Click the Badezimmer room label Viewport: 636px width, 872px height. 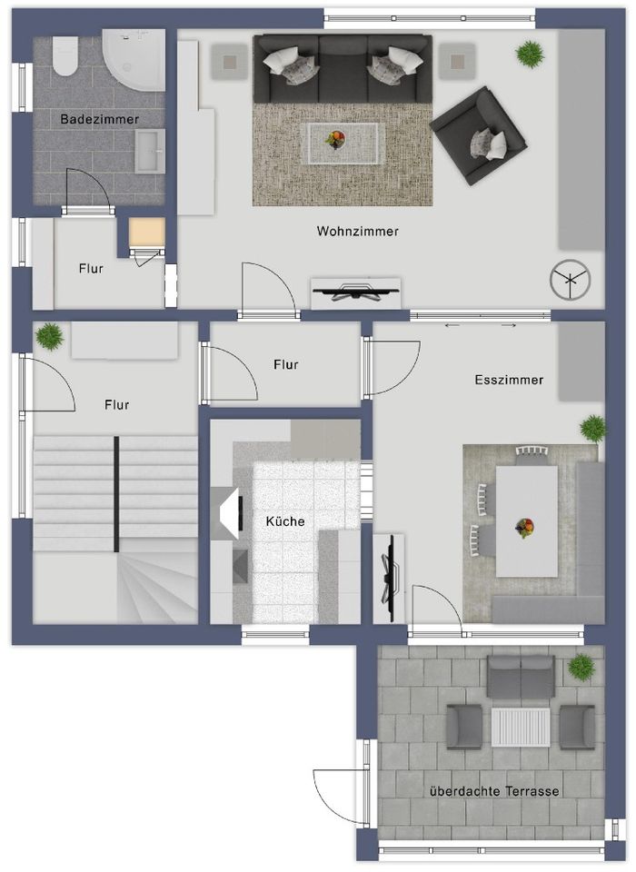click(99, 120)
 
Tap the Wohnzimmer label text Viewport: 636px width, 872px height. click(357, 232)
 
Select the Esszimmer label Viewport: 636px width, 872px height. click(509, 380)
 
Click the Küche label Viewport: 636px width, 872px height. click(284, 521)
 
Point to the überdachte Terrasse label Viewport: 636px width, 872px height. click(493, 791)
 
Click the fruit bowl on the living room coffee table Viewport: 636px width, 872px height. click(336, 139)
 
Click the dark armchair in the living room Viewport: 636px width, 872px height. click(479, 135)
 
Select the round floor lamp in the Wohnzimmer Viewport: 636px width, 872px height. click(570, 281)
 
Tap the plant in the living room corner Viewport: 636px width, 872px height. click(527, 55)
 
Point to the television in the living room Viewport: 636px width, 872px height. click(355, 292)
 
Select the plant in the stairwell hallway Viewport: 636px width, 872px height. click(49, 336)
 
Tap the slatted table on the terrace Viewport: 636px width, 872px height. click(521, 727)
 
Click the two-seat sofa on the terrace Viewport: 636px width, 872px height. click(521, 675)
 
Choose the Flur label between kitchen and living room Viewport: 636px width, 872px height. click(285, 364)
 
